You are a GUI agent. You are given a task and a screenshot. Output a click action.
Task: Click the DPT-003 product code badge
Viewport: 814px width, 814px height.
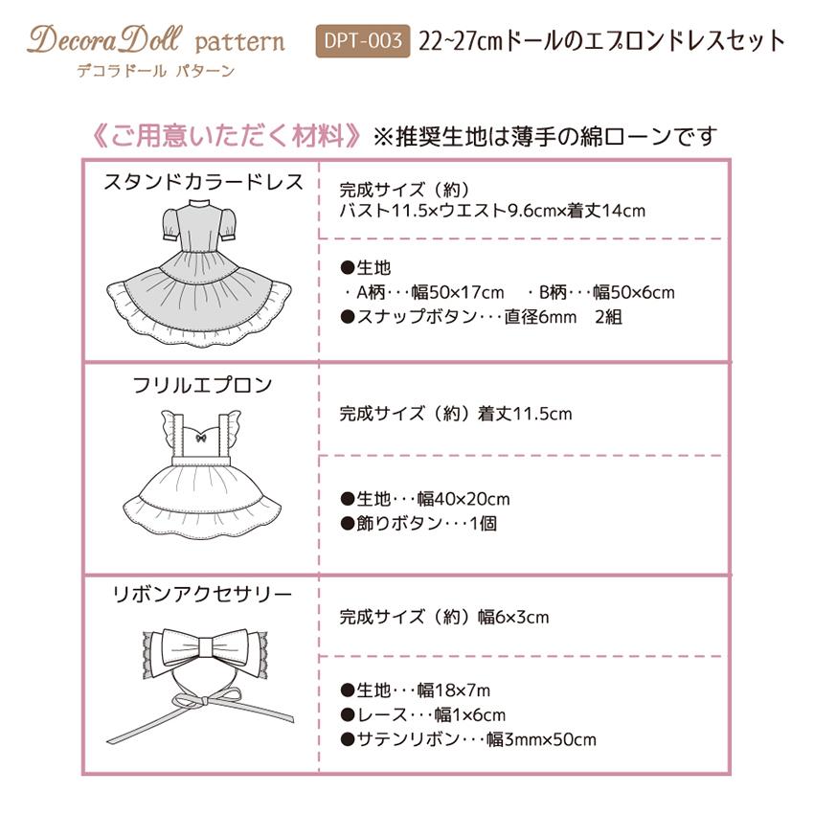click(x=363, y=41)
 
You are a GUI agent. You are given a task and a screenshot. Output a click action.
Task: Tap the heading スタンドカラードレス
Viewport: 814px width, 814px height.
click(x=203, y=182)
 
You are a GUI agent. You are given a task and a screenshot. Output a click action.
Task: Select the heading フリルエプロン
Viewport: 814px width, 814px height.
click(x=202, y=386)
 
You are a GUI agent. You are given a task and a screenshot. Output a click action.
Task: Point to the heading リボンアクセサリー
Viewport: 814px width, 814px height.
click(x=203, y=595)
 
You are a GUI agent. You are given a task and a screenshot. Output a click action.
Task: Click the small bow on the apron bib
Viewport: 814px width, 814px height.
click(x=201, y=437)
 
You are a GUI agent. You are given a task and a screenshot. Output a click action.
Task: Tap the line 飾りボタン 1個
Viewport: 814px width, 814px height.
click(x=418, y=524)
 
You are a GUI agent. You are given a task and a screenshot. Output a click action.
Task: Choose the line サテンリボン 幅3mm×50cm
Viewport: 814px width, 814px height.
click(x=468, y=738)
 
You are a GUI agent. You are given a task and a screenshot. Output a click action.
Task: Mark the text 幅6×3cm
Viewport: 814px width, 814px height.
click(x=513, y=618)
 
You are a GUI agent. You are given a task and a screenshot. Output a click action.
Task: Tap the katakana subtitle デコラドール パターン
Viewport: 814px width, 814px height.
click(x=155, y=71)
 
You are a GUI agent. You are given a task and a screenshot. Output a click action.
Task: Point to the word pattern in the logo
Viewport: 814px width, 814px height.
click(x=239, y=42)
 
